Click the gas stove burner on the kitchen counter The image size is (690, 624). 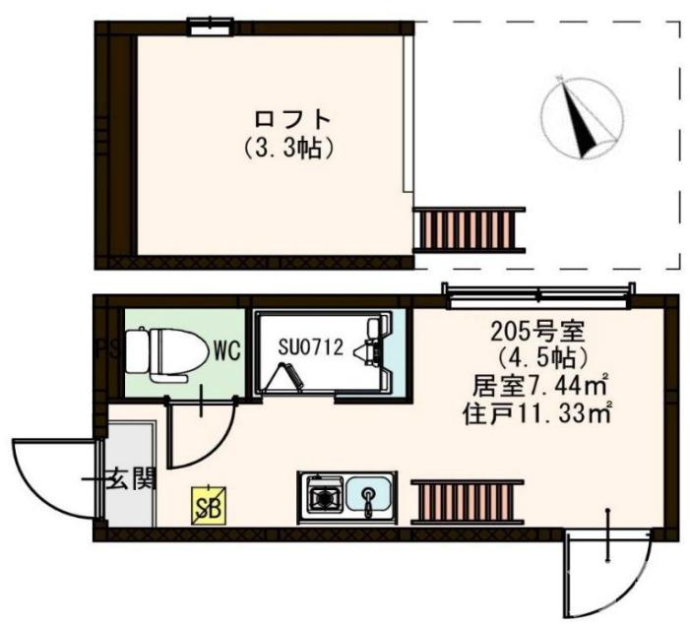click(x=323, y=495)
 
